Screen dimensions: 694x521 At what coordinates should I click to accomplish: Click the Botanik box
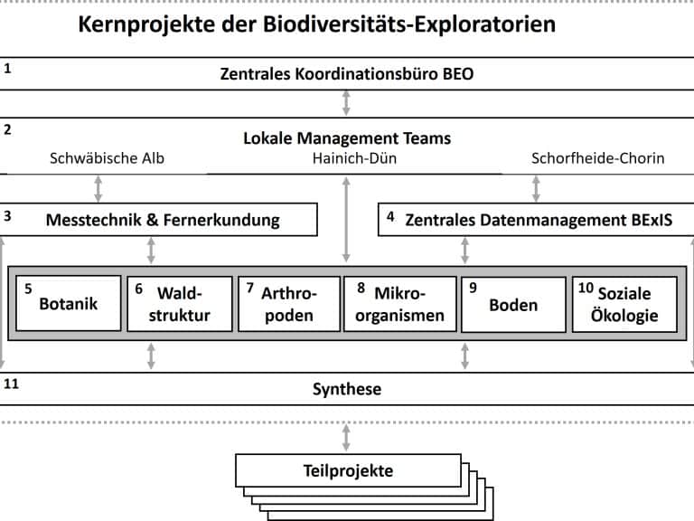point(69,304)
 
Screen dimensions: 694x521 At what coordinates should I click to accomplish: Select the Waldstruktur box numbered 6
point(180,304)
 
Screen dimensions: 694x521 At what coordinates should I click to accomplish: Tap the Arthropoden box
point(289,304)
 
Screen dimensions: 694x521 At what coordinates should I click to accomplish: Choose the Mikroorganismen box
point(400,304)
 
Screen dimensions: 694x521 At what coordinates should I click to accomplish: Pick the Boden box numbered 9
point(513,304)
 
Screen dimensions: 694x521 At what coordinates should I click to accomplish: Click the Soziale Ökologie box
point(624,304)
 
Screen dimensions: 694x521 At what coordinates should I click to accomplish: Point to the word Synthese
point(347,389)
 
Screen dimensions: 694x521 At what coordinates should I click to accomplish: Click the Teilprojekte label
point(348,470)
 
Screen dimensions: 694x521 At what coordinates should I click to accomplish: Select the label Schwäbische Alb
point(107,158)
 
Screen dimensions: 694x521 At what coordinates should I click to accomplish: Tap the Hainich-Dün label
point(354,158)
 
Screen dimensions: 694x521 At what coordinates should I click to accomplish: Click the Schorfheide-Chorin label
point(598,158)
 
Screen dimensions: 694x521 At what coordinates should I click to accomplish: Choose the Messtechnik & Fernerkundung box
point(158,219)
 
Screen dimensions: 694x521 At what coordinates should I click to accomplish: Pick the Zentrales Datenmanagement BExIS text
point(539,220)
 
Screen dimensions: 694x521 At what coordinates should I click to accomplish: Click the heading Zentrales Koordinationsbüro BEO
point(347,73)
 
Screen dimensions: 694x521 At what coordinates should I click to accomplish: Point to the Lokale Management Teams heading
point(347,138)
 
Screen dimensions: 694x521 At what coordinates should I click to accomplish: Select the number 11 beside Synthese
point(11,384)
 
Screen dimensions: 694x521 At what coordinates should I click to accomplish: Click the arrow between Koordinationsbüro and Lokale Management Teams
point(346,103)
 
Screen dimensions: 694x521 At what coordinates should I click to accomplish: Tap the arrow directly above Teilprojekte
point(346,438)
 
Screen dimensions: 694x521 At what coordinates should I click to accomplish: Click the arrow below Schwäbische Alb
point(98,189)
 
